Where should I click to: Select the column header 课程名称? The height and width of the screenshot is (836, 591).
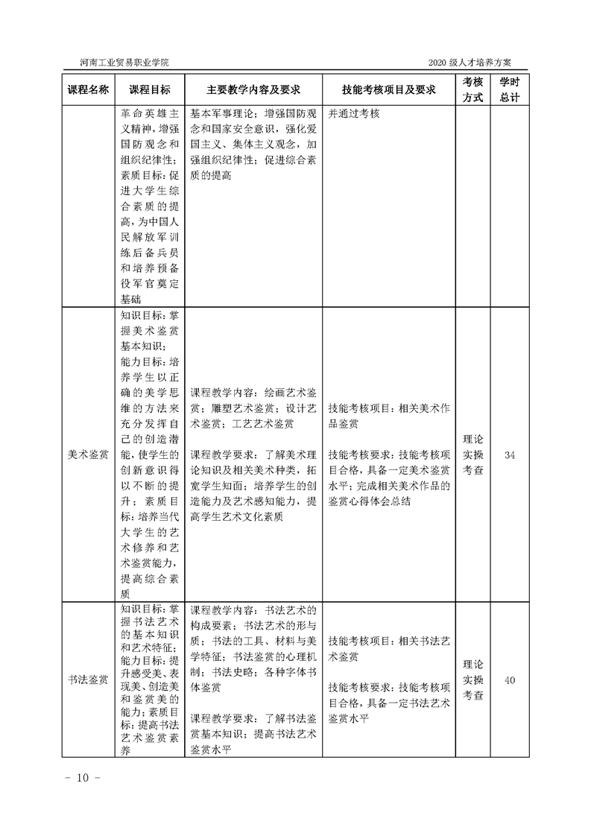click(89, 89)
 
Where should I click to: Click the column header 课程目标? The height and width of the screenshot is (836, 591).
click(149, 89)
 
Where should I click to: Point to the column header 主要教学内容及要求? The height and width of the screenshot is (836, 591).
click(253, 89)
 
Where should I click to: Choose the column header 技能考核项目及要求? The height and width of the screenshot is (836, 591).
click(388, 89)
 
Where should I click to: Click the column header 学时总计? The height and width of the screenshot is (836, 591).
click(510, 89)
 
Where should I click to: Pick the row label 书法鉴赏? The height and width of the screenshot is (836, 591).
click(89, 680)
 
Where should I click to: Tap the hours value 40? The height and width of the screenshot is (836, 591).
click(510, 680)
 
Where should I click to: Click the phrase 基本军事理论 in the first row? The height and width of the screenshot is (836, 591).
click(217, 114)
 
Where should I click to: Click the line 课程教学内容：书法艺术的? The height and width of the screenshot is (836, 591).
click(253, 609)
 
